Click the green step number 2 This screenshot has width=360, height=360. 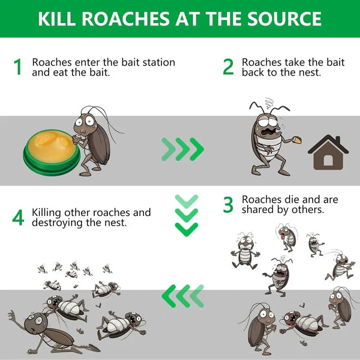228,67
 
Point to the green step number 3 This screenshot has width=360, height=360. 228,205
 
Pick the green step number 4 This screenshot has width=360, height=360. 18,218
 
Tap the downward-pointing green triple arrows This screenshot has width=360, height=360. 186,215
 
